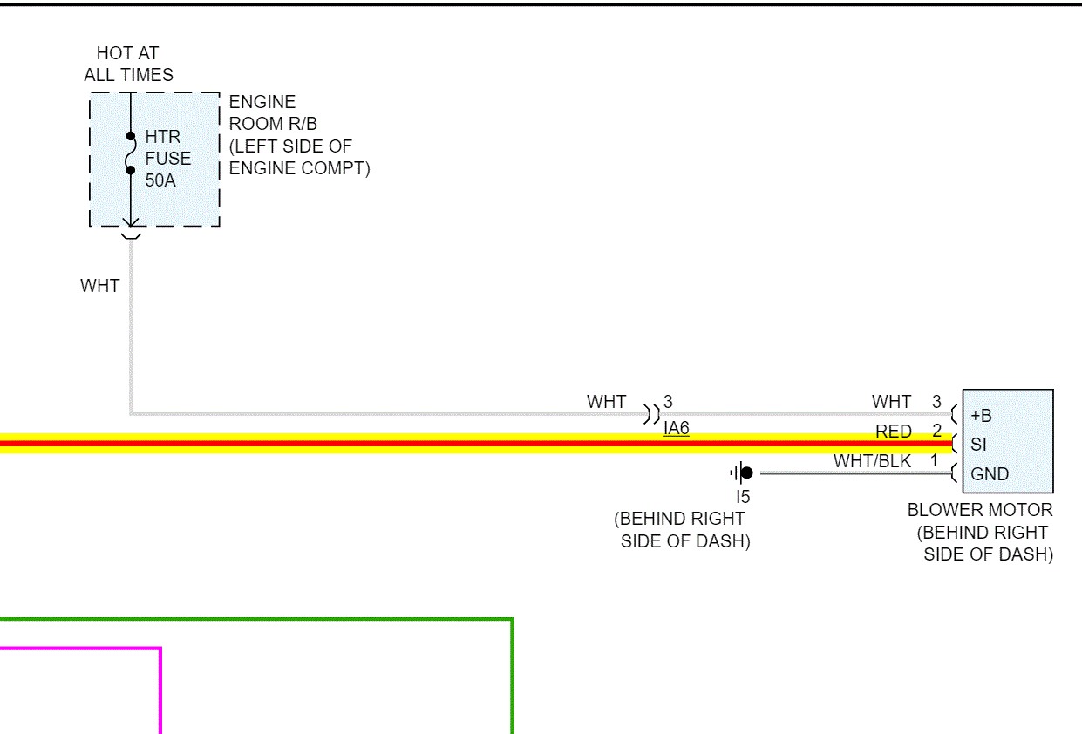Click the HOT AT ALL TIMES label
click(128, 64)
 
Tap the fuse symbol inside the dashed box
click(131, 153)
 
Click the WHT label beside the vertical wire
click(99, 285)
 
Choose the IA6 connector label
click(676, 428)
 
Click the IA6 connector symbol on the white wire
click(651, 413)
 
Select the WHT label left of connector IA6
click(606, 402)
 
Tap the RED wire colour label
click(894, 432)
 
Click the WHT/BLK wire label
click(872, 461)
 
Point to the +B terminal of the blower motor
click(981, 415)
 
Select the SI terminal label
click(978, 445)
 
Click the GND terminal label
click(990, 474)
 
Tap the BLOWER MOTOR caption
click(980, 510)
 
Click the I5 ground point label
click(742, 497)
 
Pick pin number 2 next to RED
click(936, 431)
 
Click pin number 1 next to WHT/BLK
click(933, 460)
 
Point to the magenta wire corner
click(160, 649)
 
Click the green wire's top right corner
click(512, 620)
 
